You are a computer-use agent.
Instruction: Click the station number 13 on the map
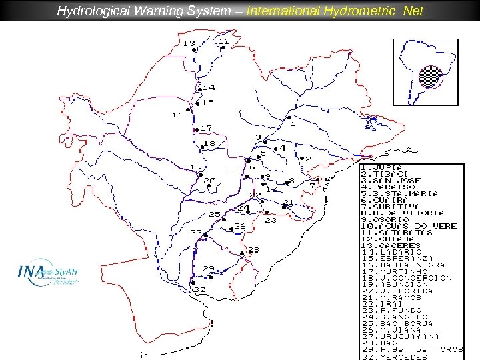[x=189, y=44]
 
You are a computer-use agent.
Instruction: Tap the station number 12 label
[x=224, y=41]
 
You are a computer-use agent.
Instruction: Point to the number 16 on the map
[x=177, y=115]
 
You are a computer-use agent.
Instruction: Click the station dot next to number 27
[x=206, y=235]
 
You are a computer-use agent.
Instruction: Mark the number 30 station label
[x=199, y=289]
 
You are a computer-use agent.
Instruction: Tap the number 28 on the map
[x=253, y=250]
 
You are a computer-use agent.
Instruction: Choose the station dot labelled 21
[x=284, y=207]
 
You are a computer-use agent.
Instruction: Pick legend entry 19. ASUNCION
[x=395, y=284]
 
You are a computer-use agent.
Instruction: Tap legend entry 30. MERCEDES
[x=394, y=356]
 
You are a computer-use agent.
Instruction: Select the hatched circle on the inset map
[x=431, y=77]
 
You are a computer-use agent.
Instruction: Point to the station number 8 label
[x=291, y=181]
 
